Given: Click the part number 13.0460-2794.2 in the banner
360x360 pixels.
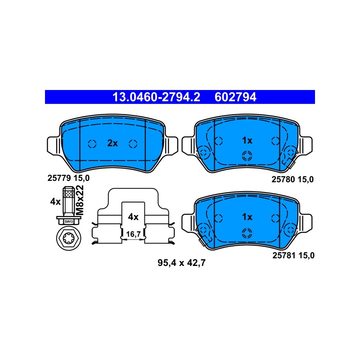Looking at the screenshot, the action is point(156,97).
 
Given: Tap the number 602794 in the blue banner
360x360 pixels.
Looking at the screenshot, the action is point(235,97).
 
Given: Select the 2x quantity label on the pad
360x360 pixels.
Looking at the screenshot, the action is point(112,143).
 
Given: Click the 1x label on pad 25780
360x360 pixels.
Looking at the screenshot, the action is point(247,140).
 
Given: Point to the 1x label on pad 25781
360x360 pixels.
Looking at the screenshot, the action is point(247,217).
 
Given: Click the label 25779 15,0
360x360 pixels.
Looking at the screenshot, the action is point(68,178).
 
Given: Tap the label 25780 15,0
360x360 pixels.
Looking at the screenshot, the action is point(292,179).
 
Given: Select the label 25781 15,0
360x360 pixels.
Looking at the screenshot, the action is point(293,256).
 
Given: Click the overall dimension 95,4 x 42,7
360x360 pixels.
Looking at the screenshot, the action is point(181,263).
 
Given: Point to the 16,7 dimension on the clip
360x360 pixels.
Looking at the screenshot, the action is point(133,234).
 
